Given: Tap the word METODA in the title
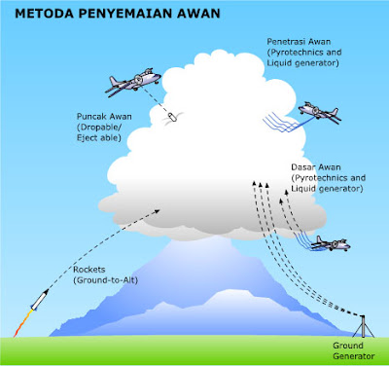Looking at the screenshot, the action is [x=45, y=14].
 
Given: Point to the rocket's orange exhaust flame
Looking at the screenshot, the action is [x=22, y=323].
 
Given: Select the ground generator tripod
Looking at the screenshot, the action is [x=364, y=326].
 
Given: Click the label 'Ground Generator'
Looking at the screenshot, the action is [x=354, y=350].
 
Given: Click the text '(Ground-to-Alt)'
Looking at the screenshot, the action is [x=106, y=280].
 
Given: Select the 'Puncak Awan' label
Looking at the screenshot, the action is [x=104, y=117].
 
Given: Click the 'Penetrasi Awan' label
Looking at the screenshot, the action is [x=299, y=42].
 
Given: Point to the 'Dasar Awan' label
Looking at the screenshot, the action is [x=316, y=167].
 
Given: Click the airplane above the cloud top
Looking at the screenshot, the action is [x=133, y=82].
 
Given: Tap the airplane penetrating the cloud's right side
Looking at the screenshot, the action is [x=320, y=113].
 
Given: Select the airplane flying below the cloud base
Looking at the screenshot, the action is [x=331, y=243].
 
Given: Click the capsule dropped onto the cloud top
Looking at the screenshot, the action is [x=172, y=117].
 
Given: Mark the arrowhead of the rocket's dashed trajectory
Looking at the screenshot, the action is [x=157, y=211].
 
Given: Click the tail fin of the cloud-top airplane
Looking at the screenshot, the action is [x=113, y=81].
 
